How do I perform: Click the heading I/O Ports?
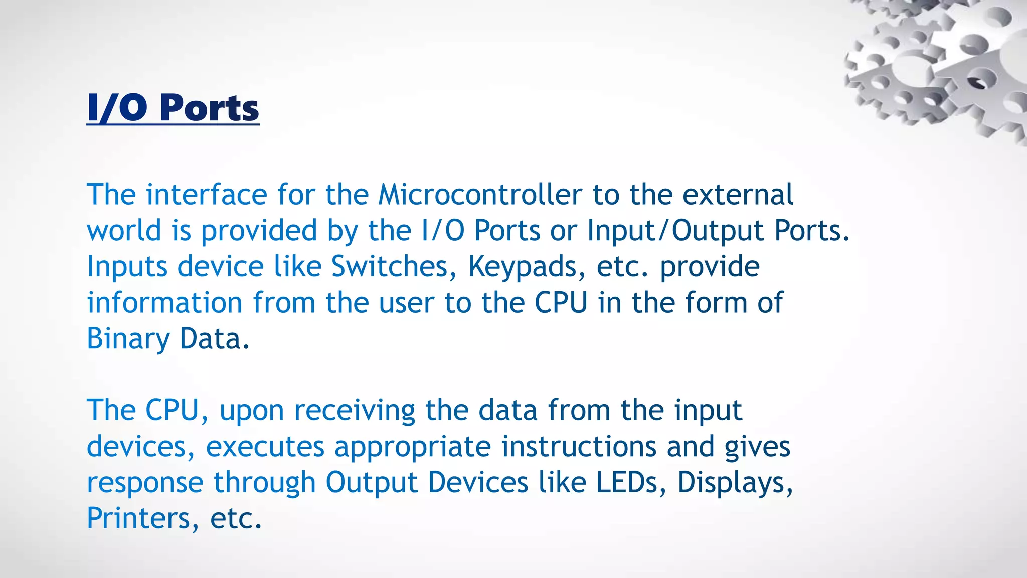pos(173,108)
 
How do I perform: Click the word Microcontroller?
pos(480,195)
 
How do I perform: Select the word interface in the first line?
pos(207,195)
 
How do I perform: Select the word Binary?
pos(128,339)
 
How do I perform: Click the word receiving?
pos(354,411)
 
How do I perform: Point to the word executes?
pos(265,447)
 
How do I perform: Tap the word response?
pos(145,483)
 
